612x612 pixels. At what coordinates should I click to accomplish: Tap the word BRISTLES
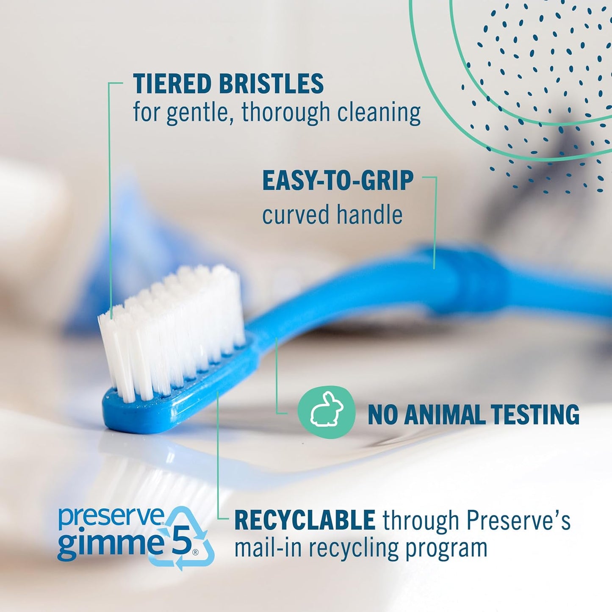click(271, 83)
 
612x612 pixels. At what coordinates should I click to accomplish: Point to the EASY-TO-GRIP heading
click(338, 181)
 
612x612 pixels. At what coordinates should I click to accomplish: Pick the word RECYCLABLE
click(305, 520)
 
